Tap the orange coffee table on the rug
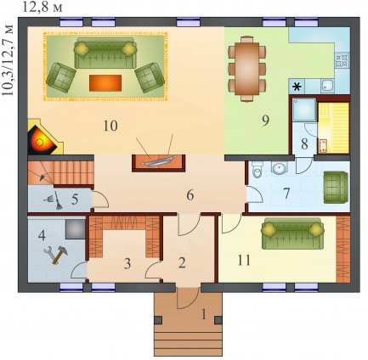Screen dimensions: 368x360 [105, 83]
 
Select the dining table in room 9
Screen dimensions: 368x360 [247, 69]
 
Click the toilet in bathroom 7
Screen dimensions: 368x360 [258, 170]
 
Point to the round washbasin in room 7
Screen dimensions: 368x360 [279, 167]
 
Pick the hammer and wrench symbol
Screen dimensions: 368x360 [56, 255]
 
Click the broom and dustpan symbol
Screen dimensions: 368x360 [54, 200]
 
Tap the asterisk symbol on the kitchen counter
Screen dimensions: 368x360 [297, 87]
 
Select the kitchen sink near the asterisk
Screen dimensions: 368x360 [328, 86]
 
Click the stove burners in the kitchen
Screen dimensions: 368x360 [342, 60]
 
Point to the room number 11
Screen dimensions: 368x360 [244, 260]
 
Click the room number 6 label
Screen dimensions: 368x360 [190, 195]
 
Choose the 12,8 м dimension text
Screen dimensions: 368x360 [42, 8]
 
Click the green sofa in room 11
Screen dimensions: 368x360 [293, 233]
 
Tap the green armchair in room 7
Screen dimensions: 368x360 [336, 187]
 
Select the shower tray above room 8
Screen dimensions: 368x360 [304, 110]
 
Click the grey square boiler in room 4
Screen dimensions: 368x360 [75, 229]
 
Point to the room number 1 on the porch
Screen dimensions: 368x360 [203, 314]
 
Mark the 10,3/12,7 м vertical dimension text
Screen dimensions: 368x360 [8, 60]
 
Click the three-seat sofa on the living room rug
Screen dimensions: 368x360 [104, 53]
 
